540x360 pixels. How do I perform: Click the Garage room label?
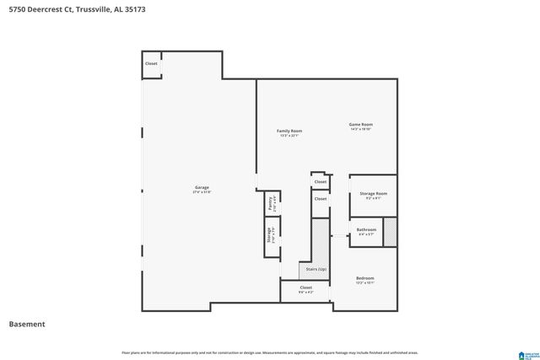pyautogui.click(x=202, y=187)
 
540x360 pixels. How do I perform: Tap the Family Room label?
pyautogui.click(x=290, y=131)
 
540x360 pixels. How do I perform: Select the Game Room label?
pyautogui.click(x=361, y=125)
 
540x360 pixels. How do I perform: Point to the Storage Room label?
pyautogui.click(x=373, y=193)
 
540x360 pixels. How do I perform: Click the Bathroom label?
pyautogui.click(x=366, y=229)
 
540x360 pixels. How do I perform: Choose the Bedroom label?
pyautogui.click(x=364, y=278)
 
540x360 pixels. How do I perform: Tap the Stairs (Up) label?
pyautogui.click(x=316, y=268)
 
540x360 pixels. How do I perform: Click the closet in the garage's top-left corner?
pyautogui.click(x=151, y=64)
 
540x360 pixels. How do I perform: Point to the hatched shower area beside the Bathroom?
pyautogui.click(x=390, y=232)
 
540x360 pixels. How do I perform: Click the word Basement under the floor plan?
pyautogui.click(x=27, y=325)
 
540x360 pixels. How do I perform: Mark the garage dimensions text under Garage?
pyautogui.click(x=202, y=192)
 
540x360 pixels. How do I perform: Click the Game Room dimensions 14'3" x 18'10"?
pyautogui.click(x=361, y=130)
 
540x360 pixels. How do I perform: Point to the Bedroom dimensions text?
pyautogui.click(x=364, y=283)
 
